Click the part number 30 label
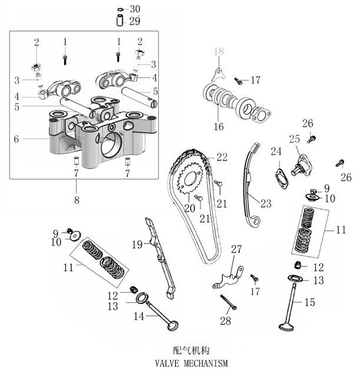click(x=135, y=9)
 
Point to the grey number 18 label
click(x=219, y=53)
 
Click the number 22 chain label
click(x=222, y=157)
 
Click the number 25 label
click(x=294, y=139)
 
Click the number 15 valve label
click(x=310, y=303)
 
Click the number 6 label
click(x=16, y=139)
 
